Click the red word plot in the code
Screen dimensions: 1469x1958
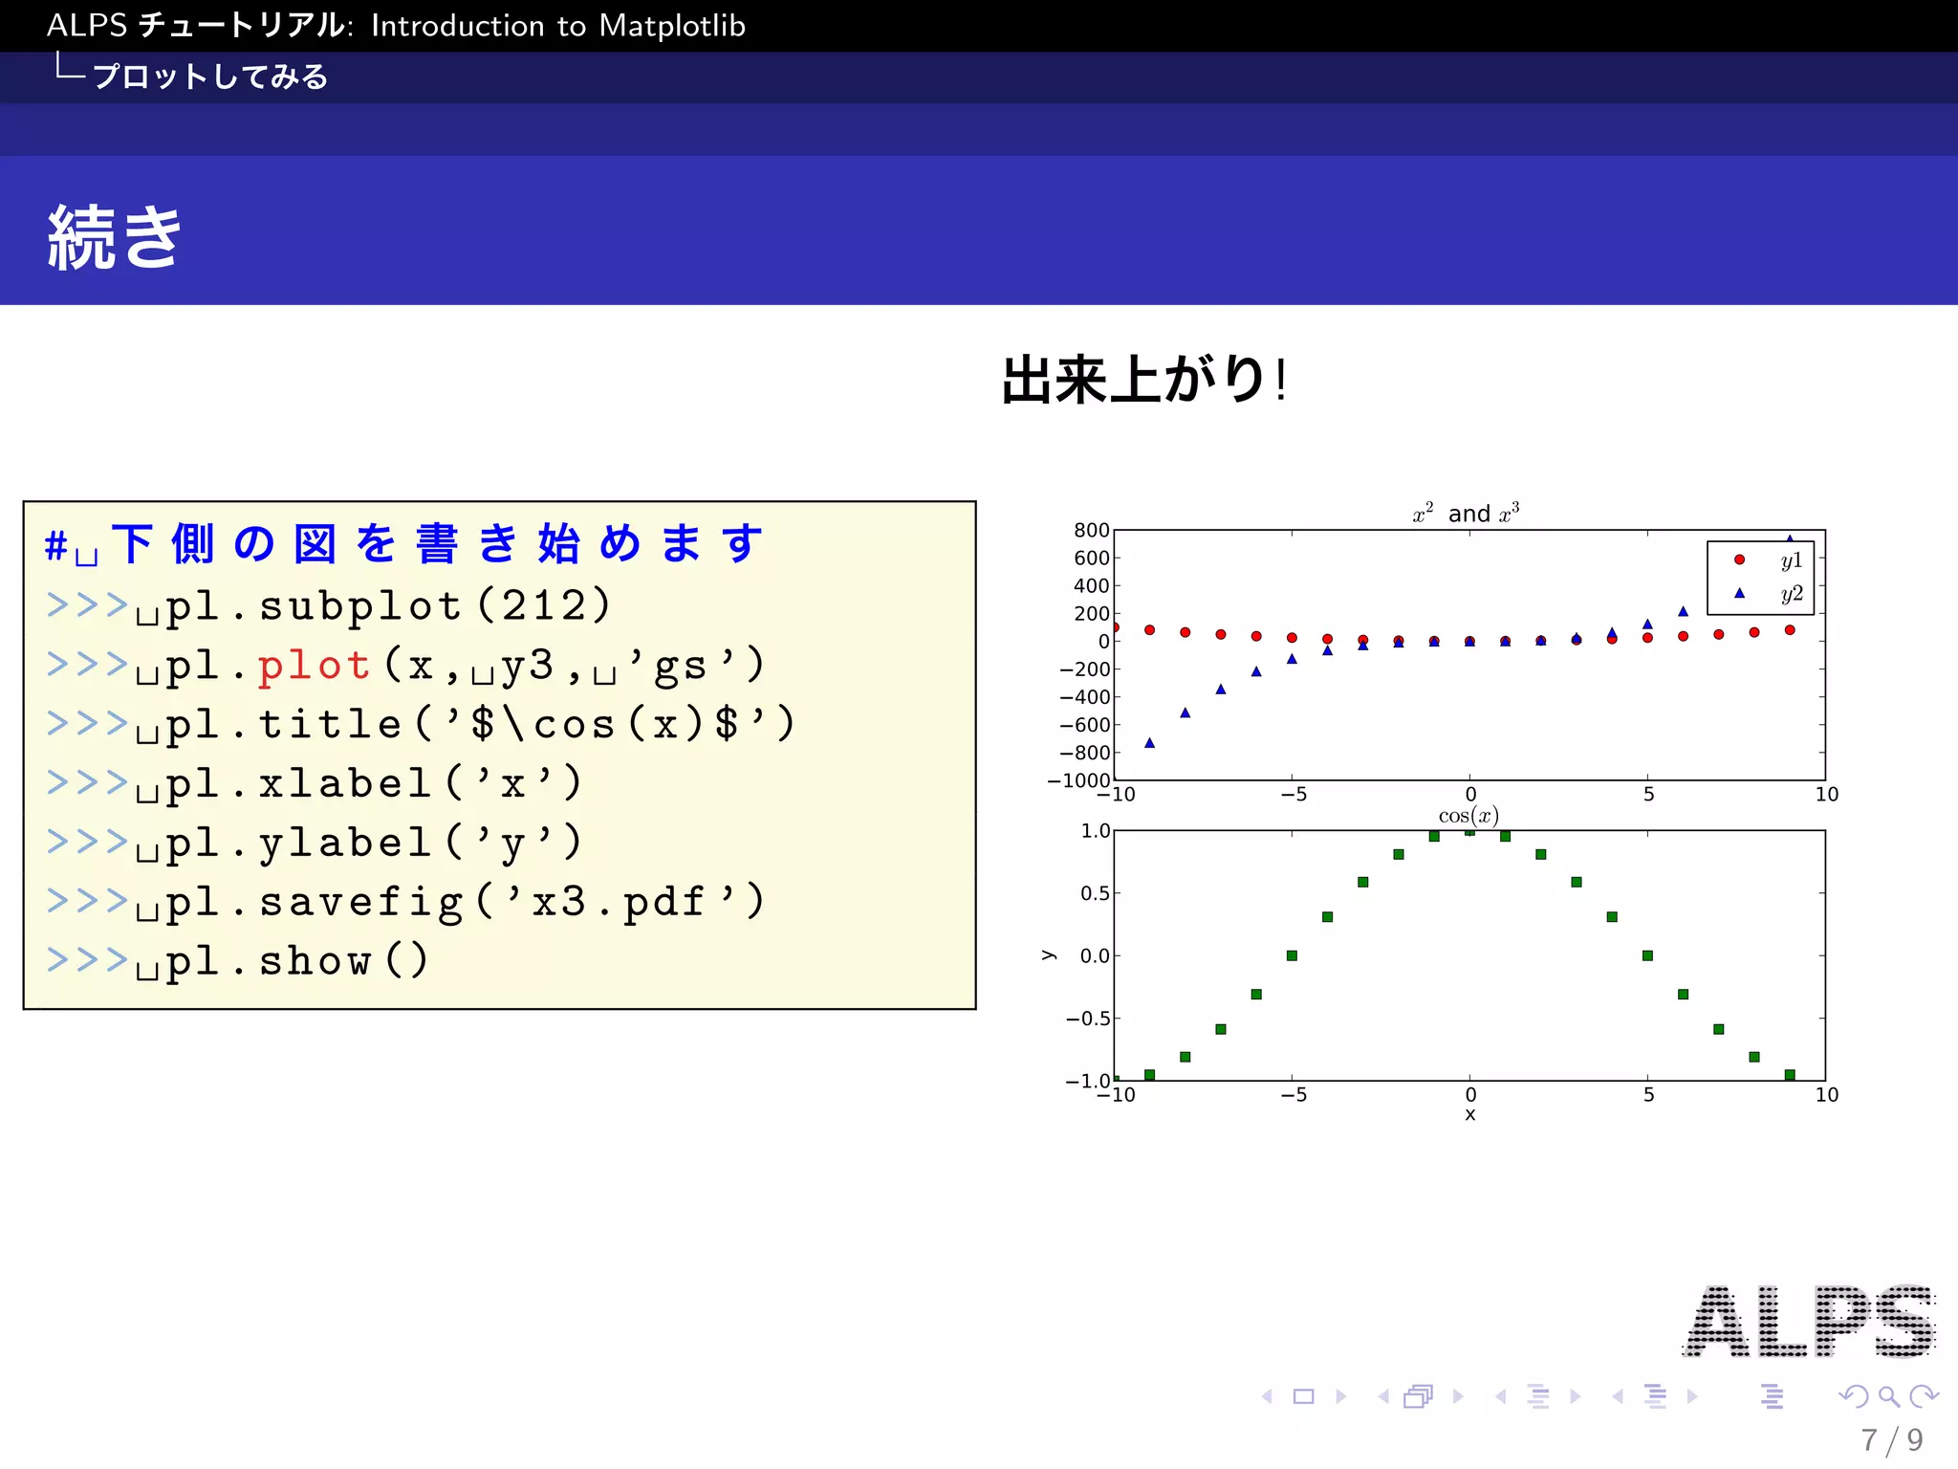[x=314, y=666]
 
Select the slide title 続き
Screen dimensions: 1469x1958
[x=115, y=236]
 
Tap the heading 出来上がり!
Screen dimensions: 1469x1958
[x=1143, y=380]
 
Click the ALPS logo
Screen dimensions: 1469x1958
[x=1809, y=1322]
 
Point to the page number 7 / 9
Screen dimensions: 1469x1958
[x=1891, y=1439]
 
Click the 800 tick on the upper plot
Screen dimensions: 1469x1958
[x=1091, y=531]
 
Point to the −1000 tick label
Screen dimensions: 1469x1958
[x=1078, y=780]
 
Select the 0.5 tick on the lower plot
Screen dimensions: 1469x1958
[x=1095, y=893]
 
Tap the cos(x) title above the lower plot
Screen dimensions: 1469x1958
[x=1468, y=816]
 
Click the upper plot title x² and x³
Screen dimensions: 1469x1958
[x=1466, y=514]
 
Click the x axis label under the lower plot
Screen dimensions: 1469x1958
[x=1470, y=1115]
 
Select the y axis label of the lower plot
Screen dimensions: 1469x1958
[x=1049, y=955]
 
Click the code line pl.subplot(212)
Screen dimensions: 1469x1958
[x=387, y=606]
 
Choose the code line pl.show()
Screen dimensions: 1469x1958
[x=296, y=961]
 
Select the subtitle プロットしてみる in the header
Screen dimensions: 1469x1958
[x=210, y=77]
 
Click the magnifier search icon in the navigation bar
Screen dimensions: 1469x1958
[x=1888, y=1396]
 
